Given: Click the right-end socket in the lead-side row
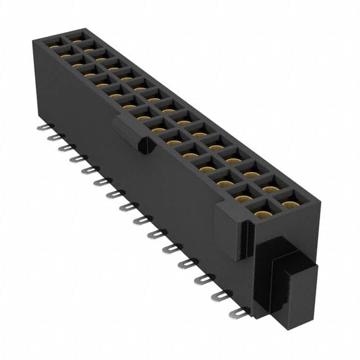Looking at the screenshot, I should [x=261, y=213].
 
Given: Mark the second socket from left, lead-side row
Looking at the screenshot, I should [x=66, y=53].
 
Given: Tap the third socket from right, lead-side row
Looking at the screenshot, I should [x=225, y=182].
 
